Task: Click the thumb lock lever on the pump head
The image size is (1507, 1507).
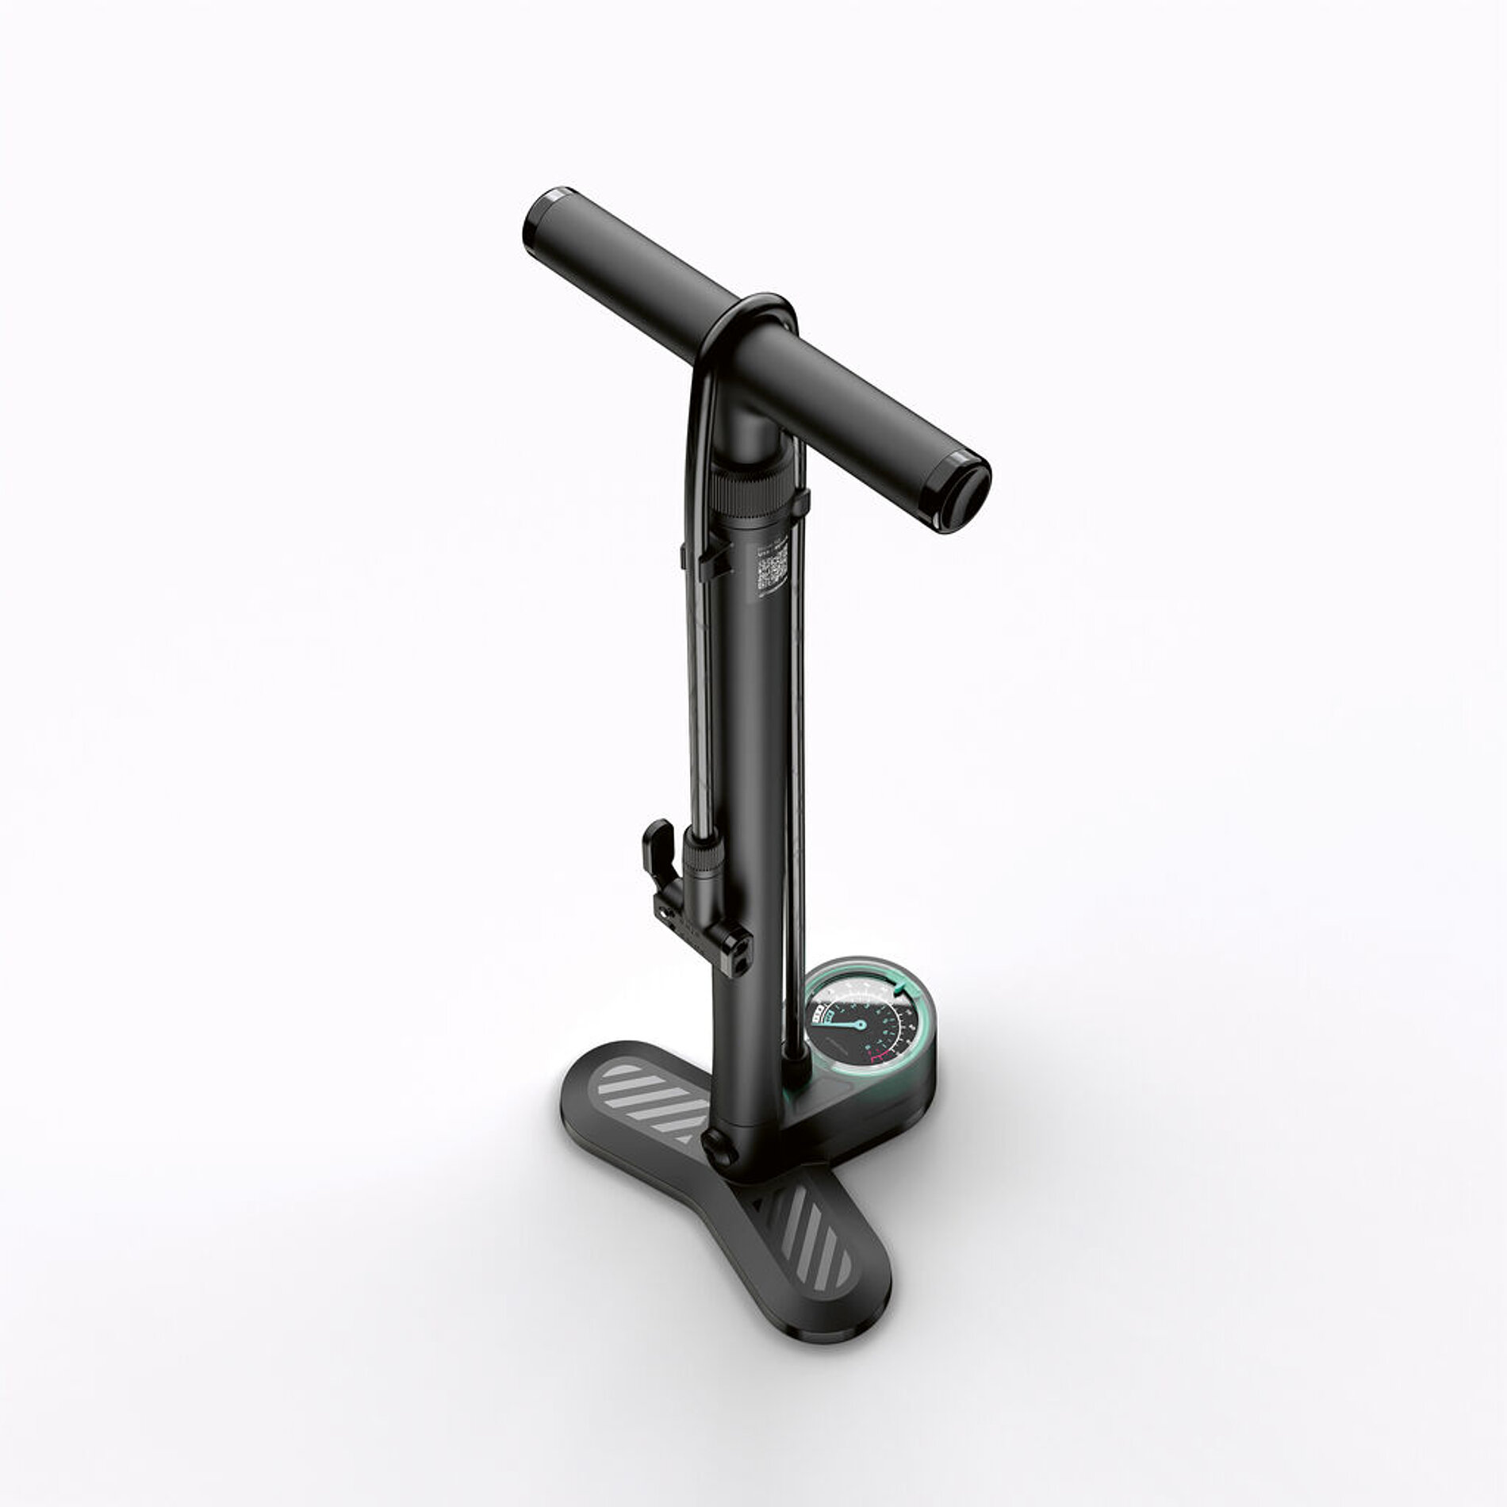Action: coord(658,842)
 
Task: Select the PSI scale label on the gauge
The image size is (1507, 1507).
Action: coord(818,1011)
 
